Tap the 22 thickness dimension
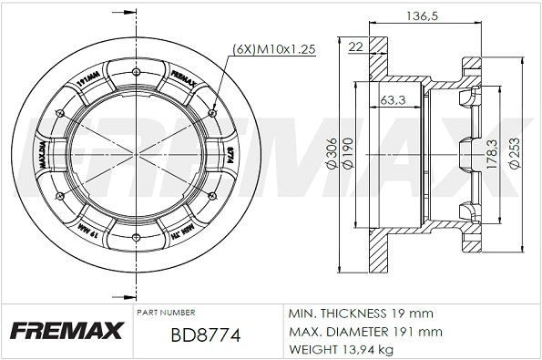(x=355, y=47)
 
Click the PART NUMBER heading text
(x=165, y=312)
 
